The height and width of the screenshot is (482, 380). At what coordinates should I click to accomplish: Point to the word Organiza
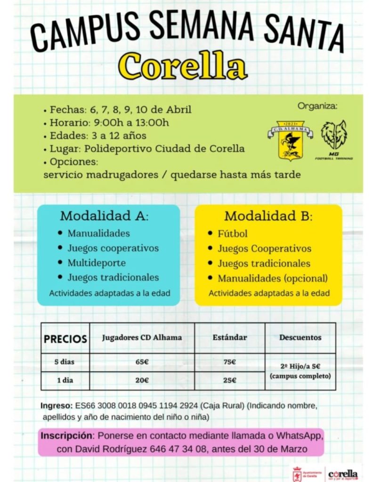tap(317, 106)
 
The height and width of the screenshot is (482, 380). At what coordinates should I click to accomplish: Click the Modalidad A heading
tap(104, 217)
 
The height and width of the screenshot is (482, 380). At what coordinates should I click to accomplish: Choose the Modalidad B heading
tap(268, 217)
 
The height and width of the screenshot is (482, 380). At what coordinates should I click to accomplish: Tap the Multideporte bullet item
tap(97, 263)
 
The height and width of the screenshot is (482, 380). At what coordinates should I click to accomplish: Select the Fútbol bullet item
tap(232, 233)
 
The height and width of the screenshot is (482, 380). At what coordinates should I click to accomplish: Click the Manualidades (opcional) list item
tap(272, 278)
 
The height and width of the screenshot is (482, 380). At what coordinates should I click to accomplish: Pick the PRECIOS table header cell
tap(65, 339)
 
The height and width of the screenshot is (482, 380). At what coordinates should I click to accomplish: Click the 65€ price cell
tap(142, 362)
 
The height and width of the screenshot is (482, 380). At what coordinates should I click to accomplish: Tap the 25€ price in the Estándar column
tap(229, 380)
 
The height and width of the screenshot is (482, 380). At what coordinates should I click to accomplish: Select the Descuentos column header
tap(300, 337)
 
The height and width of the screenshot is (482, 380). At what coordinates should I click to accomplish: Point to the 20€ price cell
tap(142, 380)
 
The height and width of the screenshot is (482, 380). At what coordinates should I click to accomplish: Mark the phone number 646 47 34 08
tap(178, 449)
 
